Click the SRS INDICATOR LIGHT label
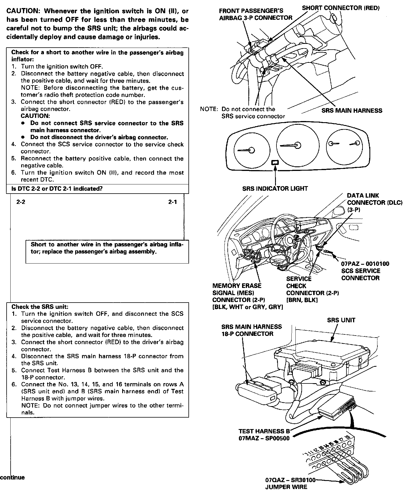point(275,189)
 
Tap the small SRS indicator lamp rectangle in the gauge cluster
point(275,163)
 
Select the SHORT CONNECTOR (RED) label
point(341,8)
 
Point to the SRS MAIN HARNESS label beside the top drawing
point(352,111)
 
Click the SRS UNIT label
point(341,320)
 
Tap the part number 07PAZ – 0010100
point(365,264)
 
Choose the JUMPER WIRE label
point(286,487)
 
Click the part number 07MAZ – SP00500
point(264,438)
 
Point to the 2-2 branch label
point(21,202)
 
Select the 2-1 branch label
point(173,202)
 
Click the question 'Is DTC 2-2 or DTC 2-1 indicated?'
point(57,189)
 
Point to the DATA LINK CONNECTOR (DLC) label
point(375,202)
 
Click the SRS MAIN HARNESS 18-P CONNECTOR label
point(252,330)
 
